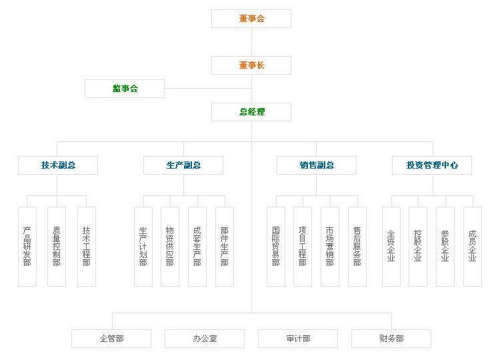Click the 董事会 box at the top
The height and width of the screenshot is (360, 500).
coord(251,19)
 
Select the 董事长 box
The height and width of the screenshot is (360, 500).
coord(251,65)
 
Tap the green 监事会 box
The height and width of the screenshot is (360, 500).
coord(125,89)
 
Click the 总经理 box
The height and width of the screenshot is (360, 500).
coord(251,112)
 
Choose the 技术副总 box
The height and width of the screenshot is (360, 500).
coord(58,165)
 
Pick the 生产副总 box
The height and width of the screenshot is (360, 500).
coord(183,165)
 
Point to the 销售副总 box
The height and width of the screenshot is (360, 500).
coord(317,165)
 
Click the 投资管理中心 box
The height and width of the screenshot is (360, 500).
coord(432,165)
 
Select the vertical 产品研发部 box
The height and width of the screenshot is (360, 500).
coord(27,247)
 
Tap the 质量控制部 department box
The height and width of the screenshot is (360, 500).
coord(57,247)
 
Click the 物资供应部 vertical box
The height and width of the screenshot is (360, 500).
coord(170,247)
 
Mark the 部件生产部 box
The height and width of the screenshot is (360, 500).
coord(225,247)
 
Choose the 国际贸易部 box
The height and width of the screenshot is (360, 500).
coord(276,247)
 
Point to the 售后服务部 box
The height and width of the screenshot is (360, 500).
coord(357,247)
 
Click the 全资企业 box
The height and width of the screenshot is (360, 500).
coord(391,247)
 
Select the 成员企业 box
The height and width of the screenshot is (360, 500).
coord(473,247)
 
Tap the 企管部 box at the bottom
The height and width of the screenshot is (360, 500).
coord(111,339)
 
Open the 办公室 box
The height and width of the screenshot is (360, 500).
coord(205,339)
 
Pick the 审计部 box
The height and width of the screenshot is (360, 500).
coord(298,339)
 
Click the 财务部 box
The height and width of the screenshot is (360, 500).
coord(391,339)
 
